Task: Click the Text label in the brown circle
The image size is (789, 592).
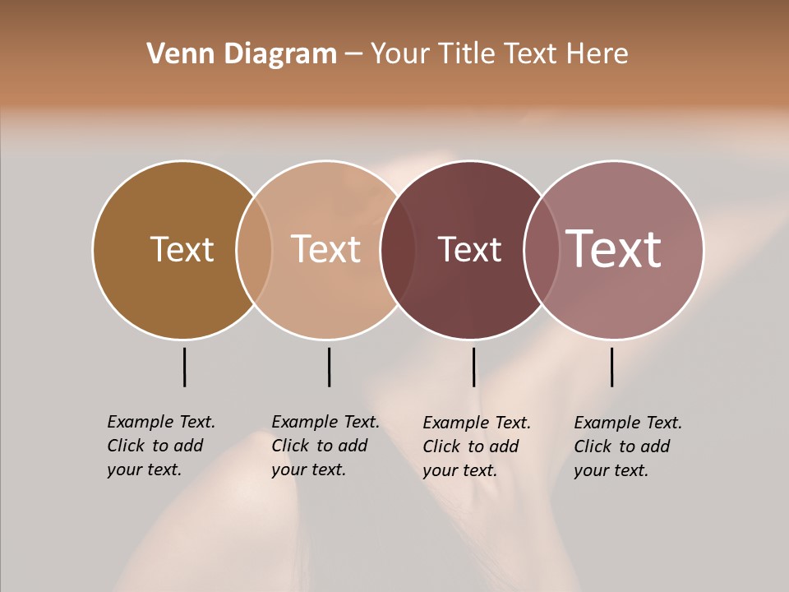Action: [182, 249]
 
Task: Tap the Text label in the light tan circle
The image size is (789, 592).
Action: [325, 249]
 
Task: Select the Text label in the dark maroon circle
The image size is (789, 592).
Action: [469, 249]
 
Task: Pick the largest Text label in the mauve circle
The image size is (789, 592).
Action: [613, 249]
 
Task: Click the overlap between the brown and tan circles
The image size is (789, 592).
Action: [254, 250]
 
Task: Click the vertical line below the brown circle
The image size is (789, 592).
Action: [184, 367]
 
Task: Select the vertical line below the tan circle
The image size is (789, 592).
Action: [329, 367]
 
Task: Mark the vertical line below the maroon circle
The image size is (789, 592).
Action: [473, 367]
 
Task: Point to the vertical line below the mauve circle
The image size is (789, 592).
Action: [611, 367]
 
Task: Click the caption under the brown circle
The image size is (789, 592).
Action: [161, 446]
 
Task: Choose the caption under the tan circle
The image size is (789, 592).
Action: [325, 446]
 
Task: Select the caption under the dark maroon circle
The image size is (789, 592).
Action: [477, 446]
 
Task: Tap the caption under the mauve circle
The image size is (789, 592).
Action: [628, 446]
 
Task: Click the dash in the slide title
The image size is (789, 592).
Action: [353, 55]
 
